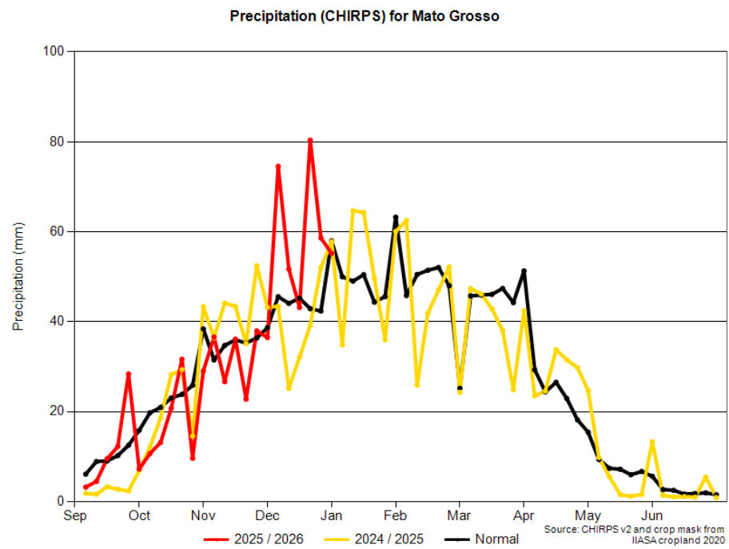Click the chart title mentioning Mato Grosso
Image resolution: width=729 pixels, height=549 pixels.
[364, 16]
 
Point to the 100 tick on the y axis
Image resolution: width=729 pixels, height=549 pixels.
[58, 52]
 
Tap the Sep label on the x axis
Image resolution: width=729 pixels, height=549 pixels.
[75, 515]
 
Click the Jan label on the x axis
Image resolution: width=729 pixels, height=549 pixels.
[332, 515]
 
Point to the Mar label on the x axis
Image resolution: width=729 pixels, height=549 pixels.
[460, 515]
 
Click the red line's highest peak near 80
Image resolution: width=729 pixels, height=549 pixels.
[310, 141]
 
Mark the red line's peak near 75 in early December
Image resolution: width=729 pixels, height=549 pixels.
[278, 166]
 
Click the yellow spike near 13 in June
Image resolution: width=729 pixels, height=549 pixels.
[652, 442]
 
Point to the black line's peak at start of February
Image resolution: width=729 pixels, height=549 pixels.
[396, 217]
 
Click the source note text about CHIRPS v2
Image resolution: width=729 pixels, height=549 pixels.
[634, 535]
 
